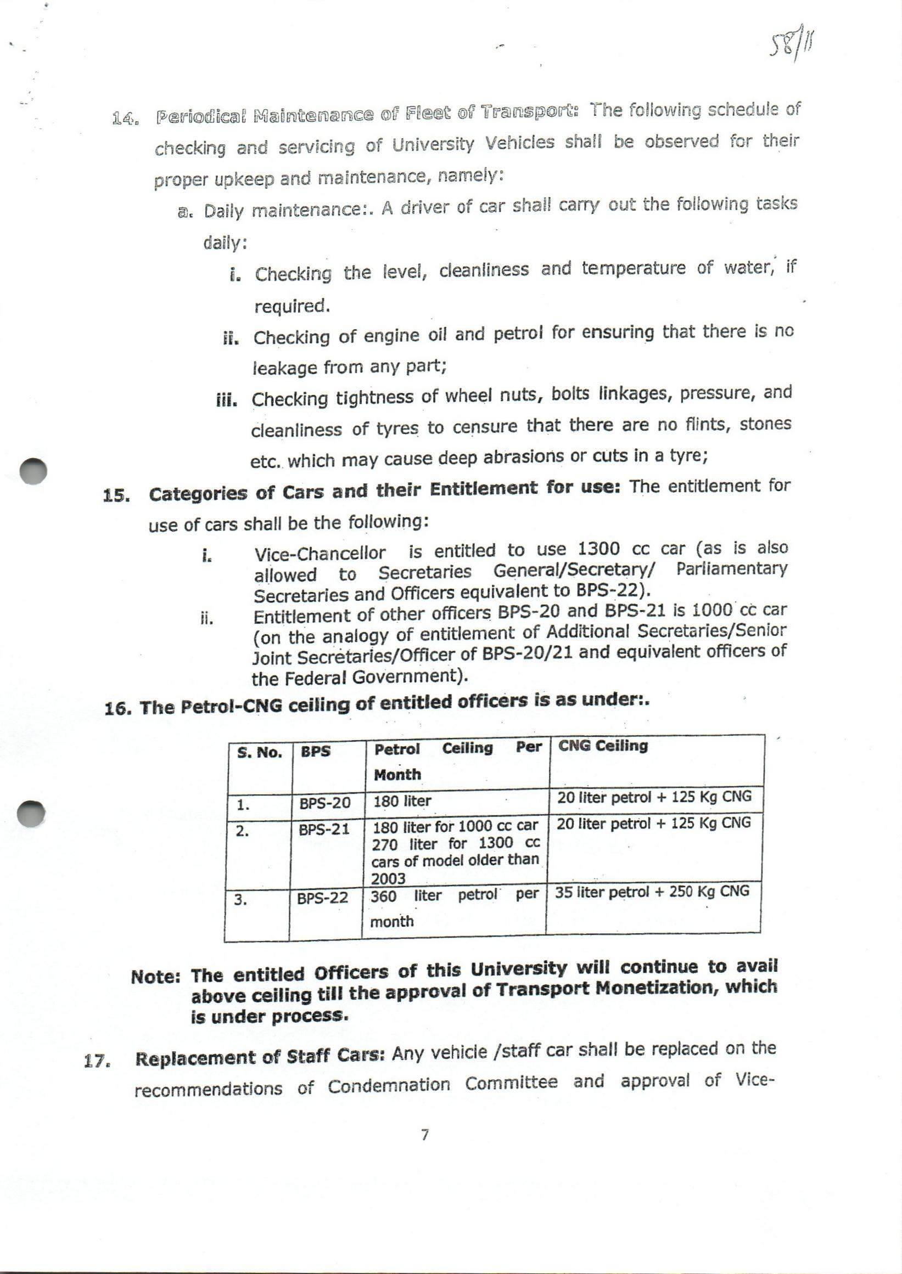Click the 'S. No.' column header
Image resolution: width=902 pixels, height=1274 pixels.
pyautogui.click(x=259, y=752)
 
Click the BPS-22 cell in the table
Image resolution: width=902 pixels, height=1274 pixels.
pyautogui.click(x=323, y=898)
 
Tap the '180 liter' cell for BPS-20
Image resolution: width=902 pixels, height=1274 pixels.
pyautogui.click(x=402, y=801)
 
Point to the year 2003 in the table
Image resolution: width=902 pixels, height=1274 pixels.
pyautogui.click(x=388, y=878)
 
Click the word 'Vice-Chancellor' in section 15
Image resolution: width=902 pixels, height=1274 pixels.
pyautogui.click(x=320, y=554)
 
